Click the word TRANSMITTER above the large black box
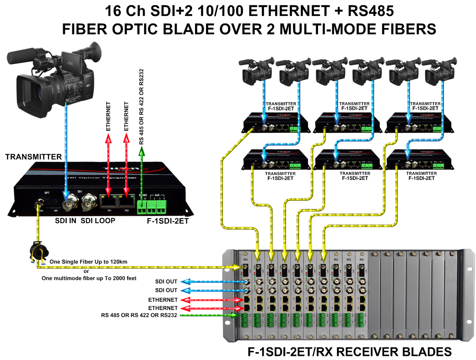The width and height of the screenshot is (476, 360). [x=33, y=157]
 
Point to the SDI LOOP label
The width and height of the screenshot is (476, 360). [x=98, y=221]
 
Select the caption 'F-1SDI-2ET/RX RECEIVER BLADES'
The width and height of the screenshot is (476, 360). [x=350, y=351]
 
